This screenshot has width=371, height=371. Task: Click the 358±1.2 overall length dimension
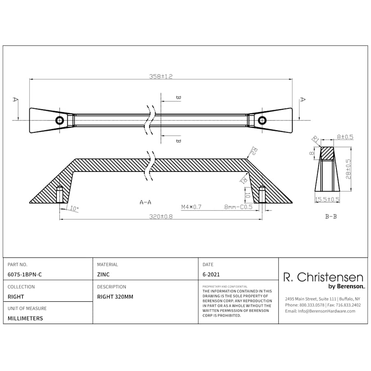click(161, 76)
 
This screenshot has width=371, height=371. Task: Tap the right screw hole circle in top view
click(262, 120)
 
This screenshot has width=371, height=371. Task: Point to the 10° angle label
click(74, 209)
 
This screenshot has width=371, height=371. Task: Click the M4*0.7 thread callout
click(191, 207)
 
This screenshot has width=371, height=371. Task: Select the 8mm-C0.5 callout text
click(238, 207)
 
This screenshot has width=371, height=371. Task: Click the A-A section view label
click(146, 202)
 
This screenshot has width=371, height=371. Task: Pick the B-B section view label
click(331, 216)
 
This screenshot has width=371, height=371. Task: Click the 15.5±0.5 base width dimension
click(327, 200)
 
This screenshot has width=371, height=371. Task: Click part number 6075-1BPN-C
click(25, 274)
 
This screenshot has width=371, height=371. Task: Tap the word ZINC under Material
click(103, 274)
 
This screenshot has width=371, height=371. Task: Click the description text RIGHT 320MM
click(115, 296)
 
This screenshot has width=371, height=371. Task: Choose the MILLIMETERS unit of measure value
click(25, 318)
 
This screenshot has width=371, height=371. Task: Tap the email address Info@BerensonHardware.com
click(320, 311)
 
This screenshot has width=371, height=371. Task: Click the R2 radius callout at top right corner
click(254, 151)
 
